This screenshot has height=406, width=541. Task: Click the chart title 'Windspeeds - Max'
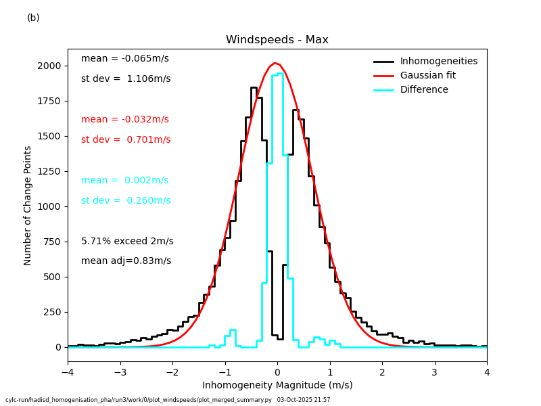pos(277,40)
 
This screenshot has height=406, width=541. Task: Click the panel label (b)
pos(33,18)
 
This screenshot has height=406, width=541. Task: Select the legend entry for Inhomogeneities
pos(438,62)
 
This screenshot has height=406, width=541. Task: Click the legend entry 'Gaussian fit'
pos(427,76)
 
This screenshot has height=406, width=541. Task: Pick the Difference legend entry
pos(424,90)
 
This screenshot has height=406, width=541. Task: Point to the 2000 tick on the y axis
pos(48,66)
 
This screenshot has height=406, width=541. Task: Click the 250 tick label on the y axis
pos(51,312)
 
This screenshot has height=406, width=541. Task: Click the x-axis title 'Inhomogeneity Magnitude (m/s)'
pos(277,386)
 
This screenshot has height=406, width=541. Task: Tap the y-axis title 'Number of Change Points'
pos(28,206)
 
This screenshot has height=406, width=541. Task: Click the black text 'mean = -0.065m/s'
pos(125,59)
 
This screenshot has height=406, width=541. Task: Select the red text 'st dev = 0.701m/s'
pos(126,140)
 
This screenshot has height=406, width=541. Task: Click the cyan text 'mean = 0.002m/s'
pos(125,181)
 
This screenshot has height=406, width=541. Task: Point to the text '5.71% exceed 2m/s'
pos(127,242)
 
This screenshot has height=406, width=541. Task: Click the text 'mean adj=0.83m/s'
pos(126,261)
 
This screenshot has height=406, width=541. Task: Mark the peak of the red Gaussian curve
pos(275,63)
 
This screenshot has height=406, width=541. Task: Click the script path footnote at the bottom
pos(168,400)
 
